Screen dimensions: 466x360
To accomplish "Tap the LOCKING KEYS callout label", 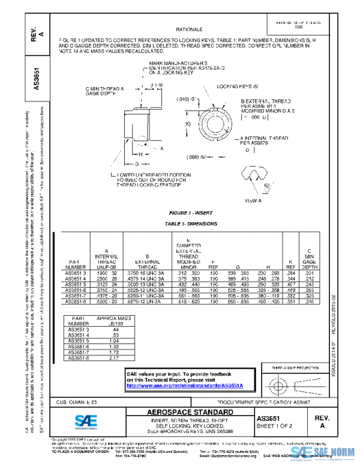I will click(x=230, y=86).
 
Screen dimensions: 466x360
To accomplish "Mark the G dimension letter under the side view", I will click(x=137, y=163).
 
